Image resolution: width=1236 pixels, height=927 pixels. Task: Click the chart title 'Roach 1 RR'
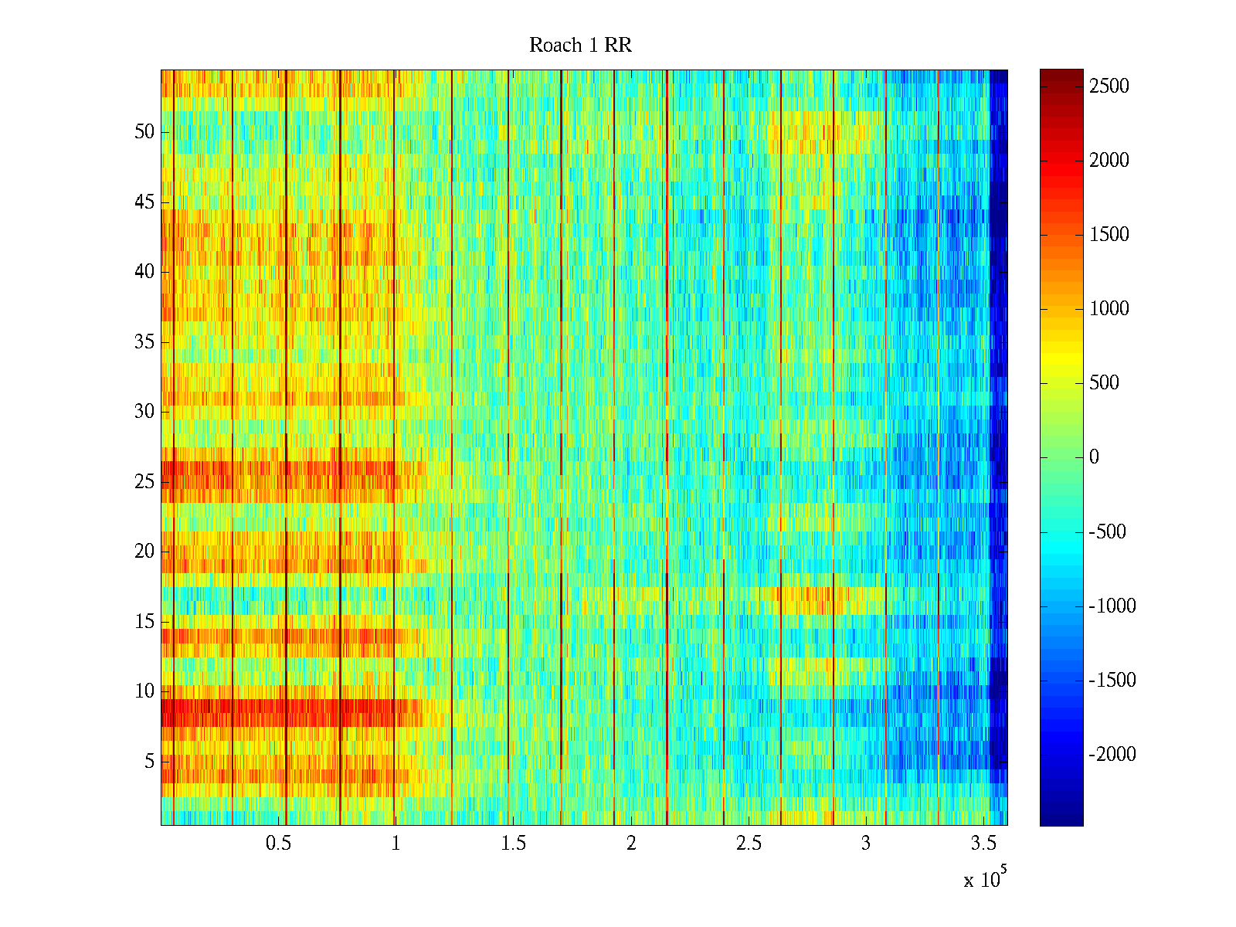[580, 46]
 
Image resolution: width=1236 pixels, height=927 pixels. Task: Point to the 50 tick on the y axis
[144, 132]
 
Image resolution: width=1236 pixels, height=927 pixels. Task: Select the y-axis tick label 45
[144, 202]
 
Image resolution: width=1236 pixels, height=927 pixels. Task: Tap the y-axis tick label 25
[144, 482]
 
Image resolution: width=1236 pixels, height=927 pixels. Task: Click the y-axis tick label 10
[144, 691]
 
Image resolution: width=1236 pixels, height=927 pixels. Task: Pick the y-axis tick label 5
[149, 762]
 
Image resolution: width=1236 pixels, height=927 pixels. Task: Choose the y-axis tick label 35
[144, 342]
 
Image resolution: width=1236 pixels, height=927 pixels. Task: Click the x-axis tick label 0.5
[278, 844]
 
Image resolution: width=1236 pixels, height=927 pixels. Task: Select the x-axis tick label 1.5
[514, 844]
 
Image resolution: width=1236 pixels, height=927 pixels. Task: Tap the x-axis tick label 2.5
[749, 844]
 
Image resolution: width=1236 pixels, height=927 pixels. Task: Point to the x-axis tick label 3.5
[983, 844]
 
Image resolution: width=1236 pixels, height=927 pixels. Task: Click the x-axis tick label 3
[866, 844]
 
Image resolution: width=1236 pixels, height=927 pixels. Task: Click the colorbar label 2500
[1109, 87]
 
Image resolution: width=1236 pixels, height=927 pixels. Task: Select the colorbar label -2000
[1112, 755]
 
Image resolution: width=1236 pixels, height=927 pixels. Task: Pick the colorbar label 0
[1094, 457]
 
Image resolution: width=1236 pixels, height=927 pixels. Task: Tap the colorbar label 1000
[1109, 309]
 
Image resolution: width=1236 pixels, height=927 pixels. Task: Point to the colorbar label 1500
[1109, 235]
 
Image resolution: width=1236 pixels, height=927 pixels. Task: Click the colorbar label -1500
[1112, 681]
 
